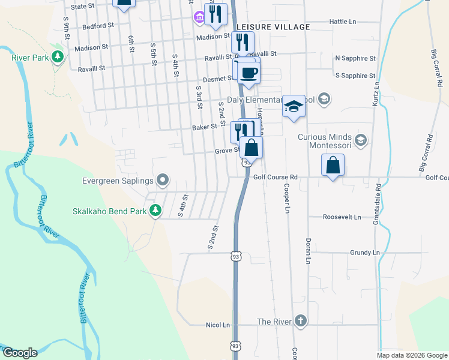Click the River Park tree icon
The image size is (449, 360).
(58, 57)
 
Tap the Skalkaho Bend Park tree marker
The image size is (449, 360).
(155, 210)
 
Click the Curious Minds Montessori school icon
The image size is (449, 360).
(360, 141)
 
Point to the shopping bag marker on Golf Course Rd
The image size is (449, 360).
(333, 165)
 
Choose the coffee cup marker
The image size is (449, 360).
(249, 74)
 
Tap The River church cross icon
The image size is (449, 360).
(300, 322)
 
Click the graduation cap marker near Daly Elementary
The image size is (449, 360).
(294, 106)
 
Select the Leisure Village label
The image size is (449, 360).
(273, 27)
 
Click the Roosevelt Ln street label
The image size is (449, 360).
(342, 217)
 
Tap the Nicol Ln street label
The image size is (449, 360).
(218, 325)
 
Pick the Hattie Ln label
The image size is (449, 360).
(343, 22)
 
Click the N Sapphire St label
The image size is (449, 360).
(355, 58)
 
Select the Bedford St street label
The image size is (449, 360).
(98, 26)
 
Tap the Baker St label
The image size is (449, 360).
(204, 127)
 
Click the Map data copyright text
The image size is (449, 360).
(412, 355)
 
